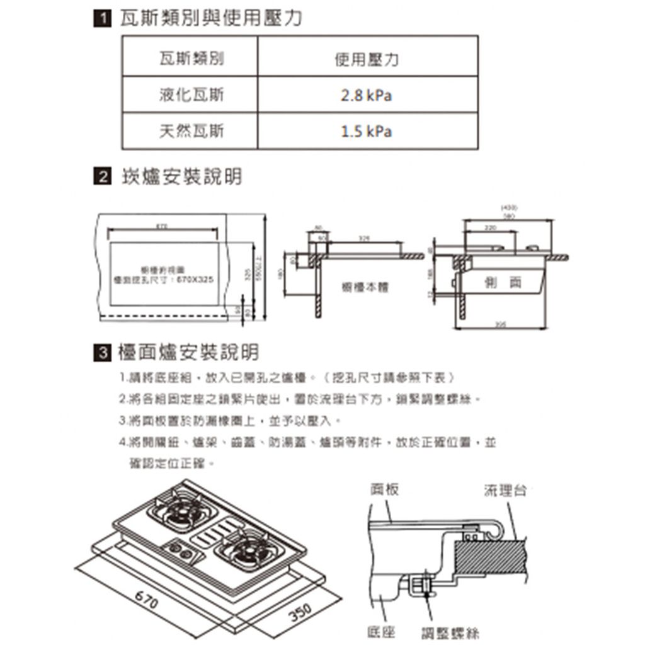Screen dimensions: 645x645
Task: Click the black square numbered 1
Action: [x=98, y=20]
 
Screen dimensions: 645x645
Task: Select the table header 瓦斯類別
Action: [x=190, y=60]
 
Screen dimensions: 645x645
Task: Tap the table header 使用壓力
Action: [x=366, y=60]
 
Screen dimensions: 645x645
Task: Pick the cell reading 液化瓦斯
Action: [x=190, y=96]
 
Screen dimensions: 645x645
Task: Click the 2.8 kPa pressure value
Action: [x=366, y=96]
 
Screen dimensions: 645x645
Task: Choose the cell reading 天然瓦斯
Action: [x=190, y=132]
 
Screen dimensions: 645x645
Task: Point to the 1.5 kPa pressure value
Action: [x=366, y=132]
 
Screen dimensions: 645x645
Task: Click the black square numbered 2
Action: [x=98, y=178]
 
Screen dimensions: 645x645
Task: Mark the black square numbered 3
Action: [x=98, y=352]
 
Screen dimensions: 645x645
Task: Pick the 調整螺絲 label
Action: [x=451, y=632]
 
